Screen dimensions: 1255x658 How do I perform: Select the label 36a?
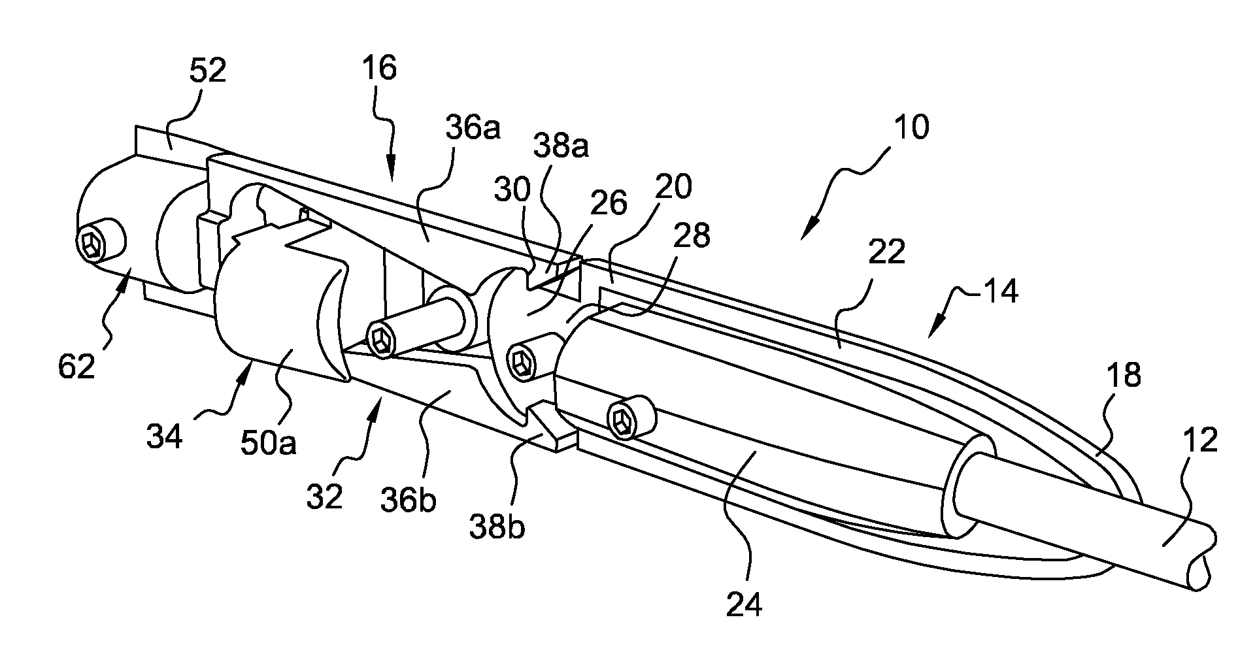point(473,129)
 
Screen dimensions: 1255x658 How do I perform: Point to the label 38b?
point(498,527)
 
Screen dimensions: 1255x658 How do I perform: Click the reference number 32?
point(324,497)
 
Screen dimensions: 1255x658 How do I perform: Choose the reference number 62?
point(76,367)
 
